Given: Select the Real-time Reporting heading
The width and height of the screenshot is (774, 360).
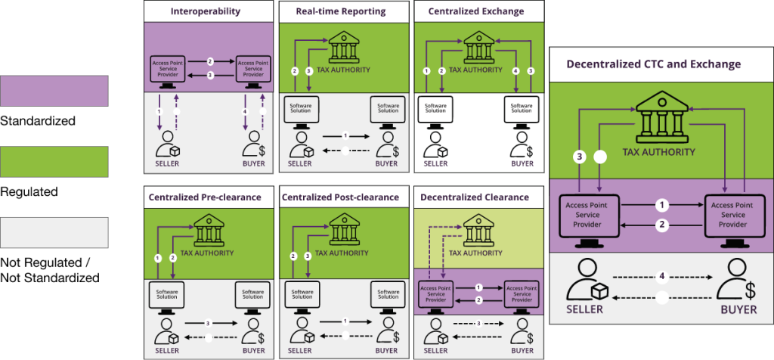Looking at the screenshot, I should (x=342, y=11).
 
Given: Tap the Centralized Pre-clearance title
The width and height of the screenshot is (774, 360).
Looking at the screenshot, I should (x=206, y=197).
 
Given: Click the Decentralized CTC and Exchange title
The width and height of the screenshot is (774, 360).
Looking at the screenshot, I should (x=654, y=64).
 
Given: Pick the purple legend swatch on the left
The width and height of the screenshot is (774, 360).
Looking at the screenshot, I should (x=54, y=91).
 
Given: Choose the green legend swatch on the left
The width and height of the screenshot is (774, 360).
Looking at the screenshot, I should (x=54, y=162).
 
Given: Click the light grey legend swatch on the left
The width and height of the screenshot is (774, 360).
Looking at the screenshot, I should (x=54, y=232).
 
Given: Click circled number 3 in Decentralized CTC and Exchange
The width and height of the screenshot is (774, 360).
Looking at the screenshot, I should (x=579, y=157).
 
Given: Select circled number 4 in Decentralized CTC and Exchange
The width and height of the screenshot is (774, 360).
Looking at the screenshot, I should (x=662, y=277).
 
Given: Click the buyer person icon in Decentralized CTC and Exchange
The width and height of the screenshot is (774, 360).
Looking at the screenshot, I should (x=734, y=282).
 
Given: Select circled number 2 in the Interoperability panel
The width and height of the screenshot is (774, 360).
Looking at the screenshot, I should (x=210, y=61).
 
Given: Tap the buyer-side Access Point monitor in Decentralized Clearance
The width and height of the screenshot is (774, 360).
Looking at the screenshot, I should (x=522, y=293).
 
